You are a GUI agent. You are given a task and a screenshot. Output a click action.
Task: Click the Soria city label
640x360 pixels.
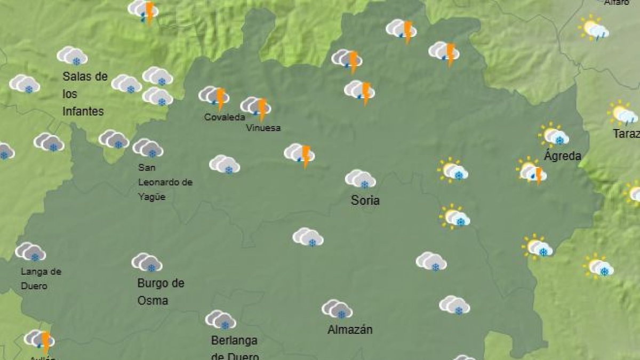[365, 201]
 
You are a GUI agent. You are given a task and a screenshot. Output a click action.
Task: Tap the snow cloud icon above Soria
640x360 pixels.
[361, 179]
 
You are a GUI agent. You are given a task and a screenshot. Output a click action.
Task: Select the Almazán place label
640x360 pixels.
[350, 330]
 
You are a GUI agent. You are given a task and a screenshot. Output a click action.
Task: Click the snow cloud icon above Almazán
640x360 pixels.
[337, 309]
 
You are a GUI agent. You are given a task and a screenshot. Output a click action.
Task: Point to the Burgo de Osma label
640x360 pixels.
[161, 292]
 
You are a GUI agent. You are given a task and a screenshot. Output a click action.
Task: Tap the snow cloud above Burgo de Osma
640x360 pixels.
[147, 262]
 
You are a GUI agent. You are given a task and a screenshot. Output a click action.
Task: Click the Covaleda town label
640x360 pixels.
[225, 117]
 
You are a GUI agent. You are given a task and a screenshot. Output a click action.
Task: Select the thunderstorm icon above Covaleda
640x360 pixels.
[214, 97]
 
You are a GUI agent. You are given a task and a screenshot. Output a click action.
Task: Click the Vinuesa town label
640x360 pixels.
[263, 128]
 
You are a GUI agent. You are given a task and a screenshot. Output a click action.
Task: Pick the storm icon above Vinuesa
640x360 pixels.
[256, 107]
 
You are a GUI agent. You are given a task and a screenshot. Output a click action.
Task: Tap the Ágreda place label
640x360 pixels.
[562, 156]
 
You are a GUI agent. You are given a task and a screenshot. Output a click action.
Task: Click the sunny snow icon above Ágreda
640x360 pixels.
[554, 136]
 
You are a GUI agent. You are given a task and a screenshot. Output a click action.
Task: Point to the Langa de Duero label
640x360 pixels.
[41, 278]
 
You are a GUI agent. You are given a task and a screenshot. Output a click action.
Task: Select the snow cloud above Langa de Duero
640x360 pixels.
[30, 252]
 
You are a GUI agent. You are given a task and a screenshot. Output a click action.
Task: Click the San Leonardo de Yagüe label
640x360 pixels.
[165, 182]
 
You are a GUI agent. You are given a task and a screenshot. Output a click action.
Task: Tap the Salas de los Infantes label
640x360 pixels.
[85, 94]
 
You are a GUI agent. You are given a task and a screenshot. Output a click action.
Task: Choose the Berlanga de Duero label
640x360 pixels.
[235, 348]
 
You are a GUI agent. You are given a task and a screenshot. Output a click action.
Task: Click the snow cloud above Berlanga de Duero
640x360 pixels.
[221, 320]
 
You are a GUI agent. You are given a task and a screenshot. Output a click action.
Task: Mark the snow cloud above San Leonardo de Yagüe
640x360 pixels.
[148, 148]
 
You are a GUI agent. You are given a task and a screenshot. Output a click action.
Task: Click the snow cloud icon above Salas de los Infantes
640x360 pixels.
[73, 56]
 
